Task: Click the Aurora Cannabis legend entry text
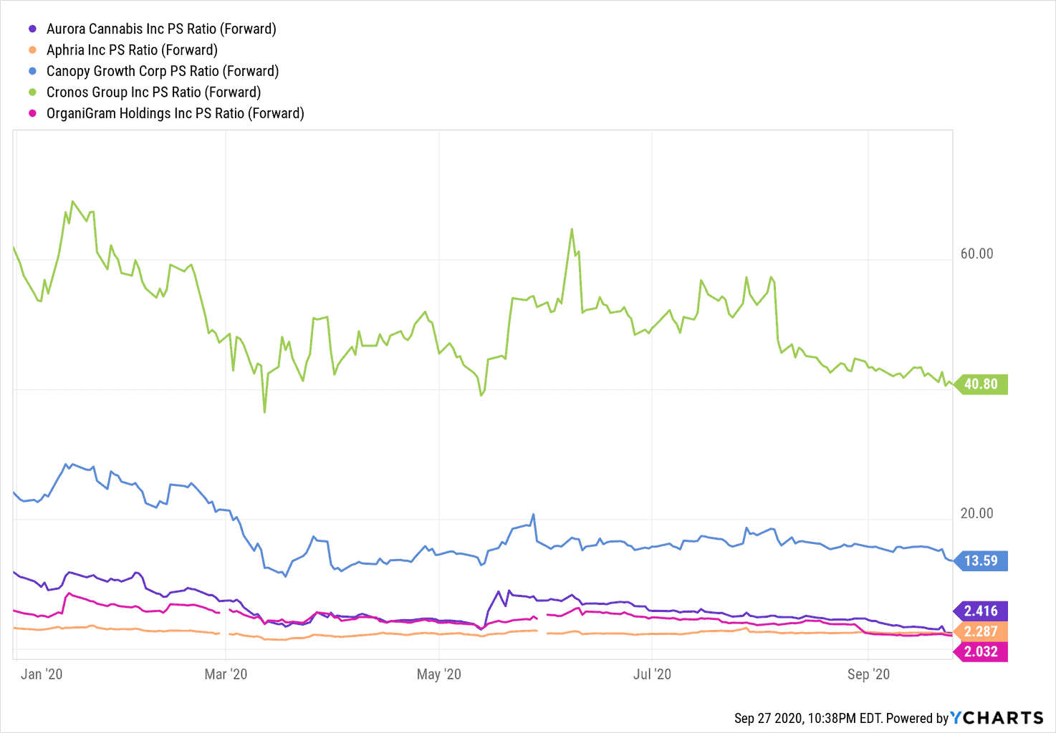pos(161,29)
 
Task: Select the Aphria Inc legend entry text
pos(132,50)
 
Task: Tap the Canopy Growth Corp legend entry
pos(163,71)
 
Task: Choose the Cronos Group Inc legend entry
pos(153,92)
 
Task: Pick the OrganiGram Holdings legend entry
pos(175,113)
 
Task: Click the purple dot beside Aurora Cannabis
pos(32,29)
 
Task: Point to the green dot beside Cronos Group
pos(32,92)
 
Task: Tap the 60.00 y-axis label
pos(976,254)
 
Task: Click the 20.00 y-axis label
pos(976,513)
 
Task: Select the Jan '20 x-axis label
pos(42,674)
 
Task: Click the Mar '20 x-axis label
pos(226,674)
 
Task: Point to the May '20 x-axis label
pos(438,674)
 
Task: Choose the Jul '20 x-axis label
pos(652,674)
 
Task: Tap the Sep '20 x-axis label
pos(868,674)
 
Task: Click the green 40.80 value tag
pos(981,384)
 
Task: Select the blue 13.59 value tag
pos(981,560)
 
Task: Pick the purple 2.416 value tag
pos(981,611)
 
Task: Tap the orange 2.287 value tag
pos(981,631)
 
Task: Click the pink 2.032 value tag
pos(981,651)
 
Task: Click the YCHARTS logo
pos(997,718)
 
